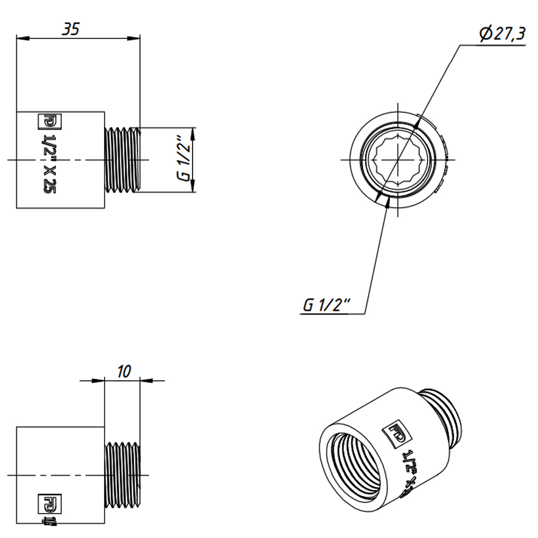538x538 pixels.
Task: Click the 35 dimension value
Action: coord(70,29)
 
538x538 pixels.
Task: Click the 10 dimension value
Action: coord(123,371)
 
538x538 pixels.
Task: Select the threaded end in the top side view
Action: coord(122,160)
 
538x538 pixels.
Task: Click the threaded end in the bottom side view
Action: coord(122,475)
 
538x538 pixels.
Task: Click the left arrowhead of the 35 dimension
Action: coord(22,39)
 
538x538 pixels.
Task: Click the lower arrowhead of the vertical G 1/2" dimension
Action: coord(193,187)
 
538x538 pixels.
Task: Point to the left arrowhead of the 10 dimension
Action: coord(99,381)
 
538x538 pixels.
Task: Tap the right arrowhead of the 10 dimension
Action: coord(146,381)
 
